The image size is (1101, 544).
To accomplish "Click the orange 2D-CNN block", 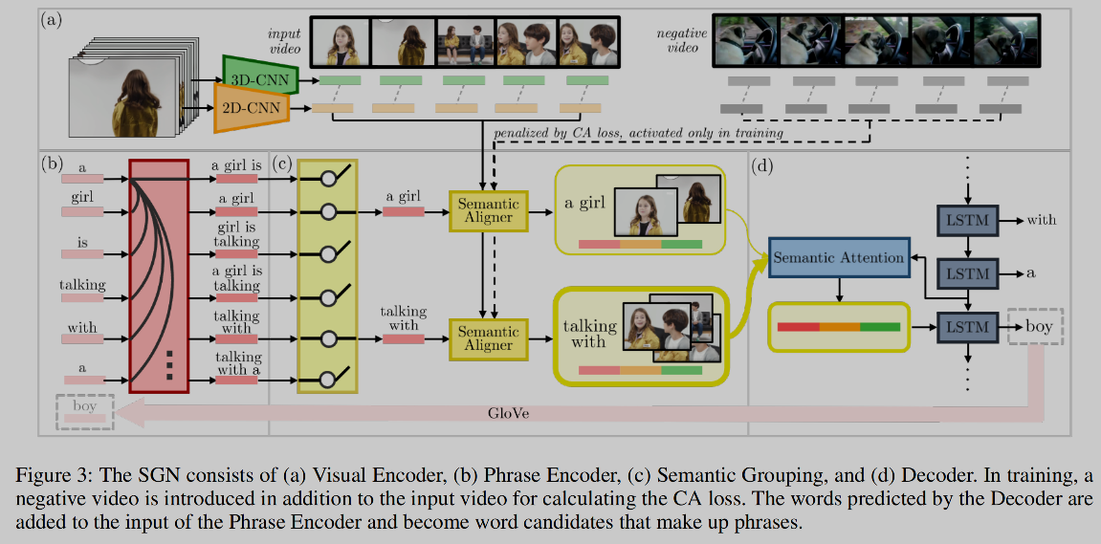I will pyautogui.click(x=252, y=108).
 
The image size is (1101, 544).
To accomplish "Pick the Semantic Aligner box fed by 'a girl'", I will pyautogui.click(x=488, y=211).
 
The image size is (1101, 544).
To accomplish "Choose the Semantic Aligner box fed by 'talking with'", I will pyautogui.click(x=488, y=337).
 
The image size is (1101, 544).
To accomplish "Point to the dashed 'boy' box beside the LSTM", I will pyautogui.click(x=1031, y=327).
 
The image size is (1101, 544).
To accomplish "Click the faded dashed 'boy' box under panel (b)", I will pyautogui.click(x=84, y=413).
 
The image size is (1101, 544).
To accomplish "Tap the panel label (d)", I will pyautogui.click(x=763, y=164).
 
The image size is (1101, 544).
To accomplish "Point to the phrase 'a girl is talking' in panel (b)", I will pyautogui.click(x=235, y=278).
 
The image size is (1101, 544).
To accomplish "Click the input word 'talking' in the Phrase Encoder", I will pyautogui.click(x=82, y=284).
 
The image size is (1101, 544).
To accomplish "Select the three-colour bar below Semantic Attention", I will pyautogui.click(x=838, y=327).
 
